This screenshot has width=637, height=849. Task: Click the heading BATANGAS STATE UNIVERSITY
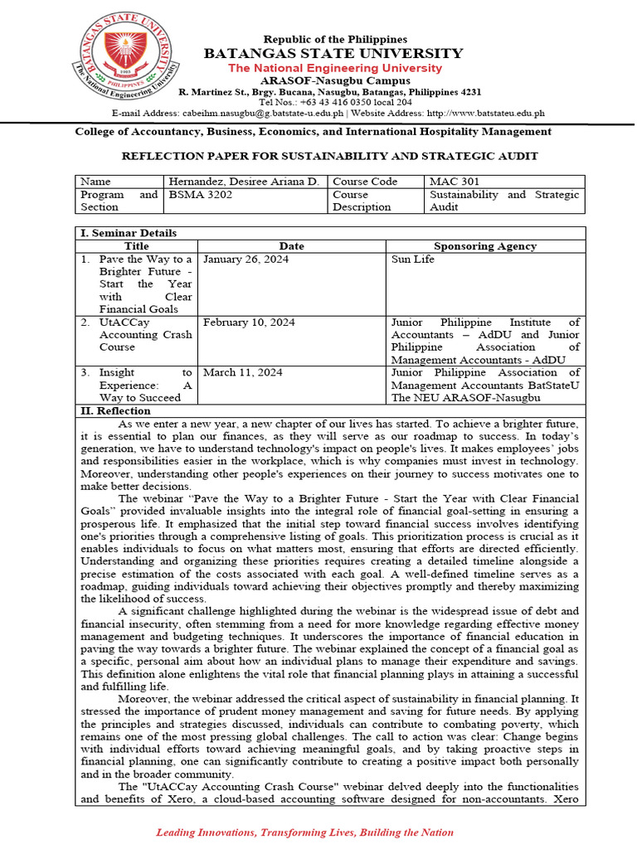(x=335, y=54)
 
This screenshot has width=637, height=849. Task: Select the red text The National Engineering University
(x=335, y=68)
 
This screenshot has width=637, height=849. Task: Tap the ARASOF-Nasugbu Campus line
(x=335, y=80)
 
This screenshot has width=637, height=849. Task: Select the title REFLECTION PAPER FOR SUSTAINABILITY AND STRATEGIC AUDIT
(x=330, y=156)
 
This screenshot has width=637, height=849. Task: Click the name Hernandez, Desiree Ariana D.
(x=243, y=182)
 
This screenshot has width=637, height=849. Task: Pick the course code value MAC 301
(x=452, y=182)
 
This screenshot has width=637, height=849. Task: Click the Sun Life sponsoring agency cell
(x=414, y=259)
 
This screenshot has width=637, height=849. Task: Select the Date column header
(x=291, y=246)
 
